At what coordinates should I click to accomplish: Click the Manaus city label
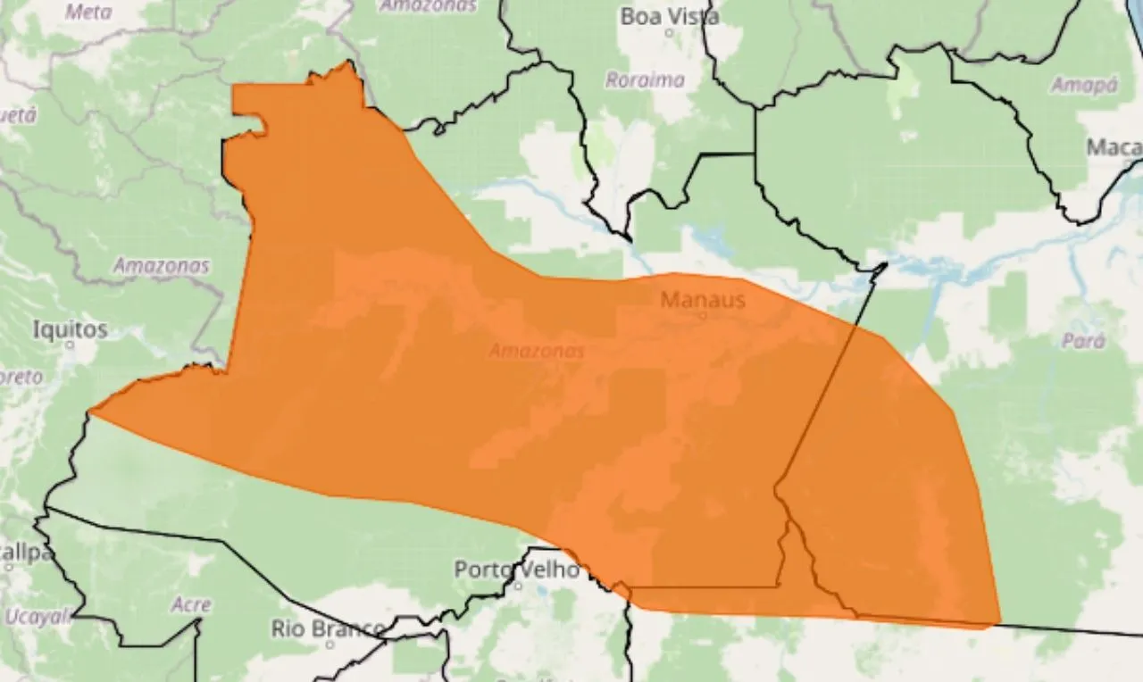[702, 300]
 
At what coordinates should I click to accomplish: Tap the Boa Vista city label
[670, 16]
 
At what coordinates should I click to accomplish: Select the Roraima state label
[645, 80]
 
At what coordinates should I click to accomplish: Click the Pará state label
[1084, 341]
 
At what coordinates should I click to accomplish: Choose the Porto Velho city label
[517, 569]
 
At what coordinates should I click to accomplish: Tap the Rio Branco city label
[329, 628]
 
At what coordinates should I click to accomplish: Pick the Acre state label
[191, 604]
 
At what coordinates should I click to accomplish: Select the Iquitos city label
[70, 329]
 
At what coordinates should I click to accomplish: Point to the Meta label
[89, 12]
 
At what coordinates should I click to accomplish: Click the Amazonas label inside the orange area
[537, 351]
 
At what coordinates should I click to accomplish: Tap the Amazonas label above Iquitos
[161, 265]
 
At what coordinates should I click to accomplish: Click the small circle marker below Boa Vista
[670, 33]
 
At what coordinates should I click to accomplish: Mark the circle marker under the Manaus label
[702, 315]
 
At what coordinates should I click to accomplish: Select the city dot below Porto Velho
[517, 586]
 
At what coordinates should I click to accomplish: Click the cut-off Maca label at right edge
[1114, 147]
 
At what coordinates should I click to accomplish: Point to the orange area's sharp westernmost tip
[91, 412]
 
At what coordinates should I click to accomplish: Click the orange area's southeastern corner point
[998, 623]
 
